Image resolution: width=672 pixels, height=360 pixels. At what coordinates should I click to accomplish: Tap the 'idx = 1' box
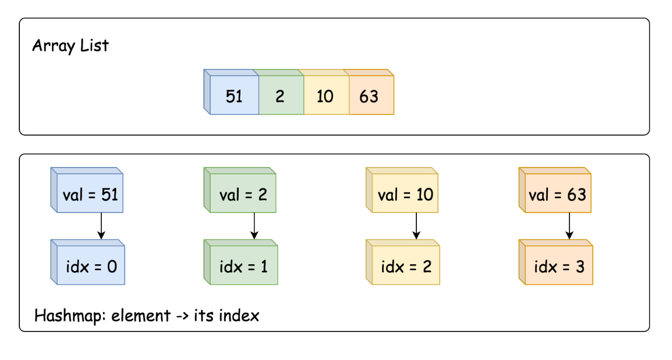tap(241, 262)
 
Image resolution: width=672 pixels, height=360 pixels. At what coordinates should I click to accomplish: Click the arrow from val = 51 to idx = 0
tap(101, 226)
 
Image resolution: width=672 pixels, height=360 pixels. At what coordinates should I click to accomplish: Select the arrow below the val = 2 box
tap(254, 226)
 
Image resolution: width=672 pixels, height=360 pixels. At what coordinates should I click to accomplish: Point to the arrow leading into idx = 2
tap(416, 226)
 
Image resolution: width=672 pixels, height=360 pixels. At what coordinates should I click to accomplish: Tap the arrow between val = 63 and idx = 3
tap(569, 226)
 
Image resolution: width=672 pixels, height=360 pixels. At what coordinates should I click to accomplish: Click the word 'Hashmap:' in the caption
tap(70, 316)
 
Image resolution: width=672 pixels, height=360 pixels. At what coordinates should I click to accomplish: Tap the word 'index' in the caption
tap(239, 316)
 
